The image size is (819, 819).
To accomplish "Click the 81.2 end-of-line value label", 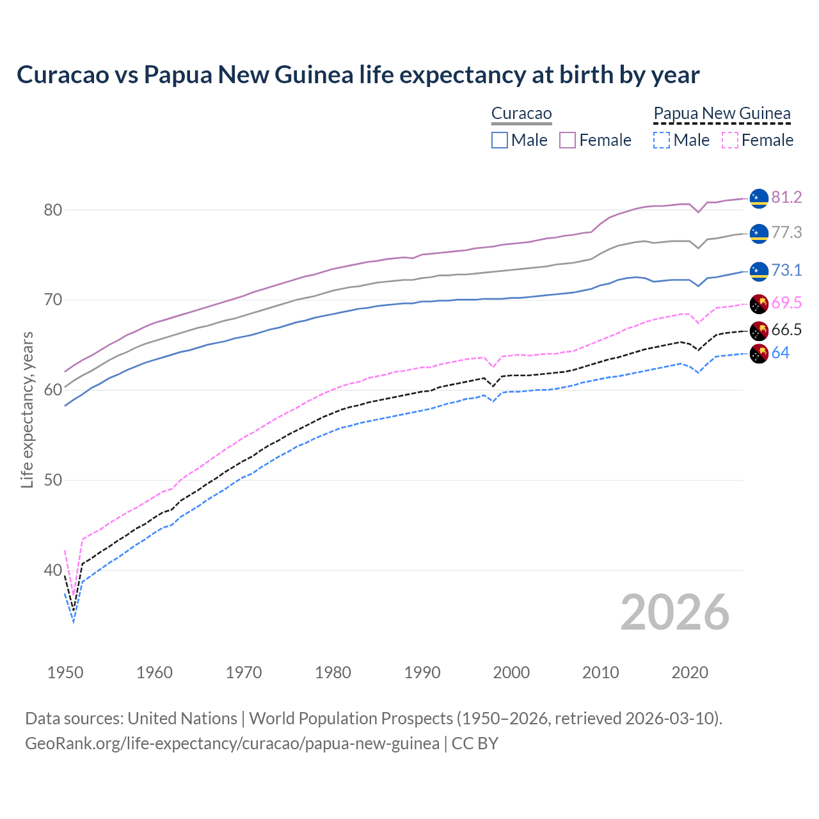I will click(x=786, y=198).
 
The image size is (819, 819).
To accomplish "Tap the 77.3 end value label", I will click(x=786, y=233).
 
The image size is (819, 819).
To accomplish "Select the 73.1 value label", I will click(x=786, y=271).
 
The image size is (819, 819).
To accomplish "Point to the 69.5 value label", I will click(x=786, y=303).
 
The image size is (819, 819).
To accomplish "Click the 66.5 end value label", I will click(x=786, y=330).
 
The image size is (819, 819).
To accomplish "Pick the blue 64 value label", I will click(x=780, y=353).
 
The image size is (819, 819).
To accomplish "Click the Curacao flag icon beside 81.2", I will click(x=758, y=198).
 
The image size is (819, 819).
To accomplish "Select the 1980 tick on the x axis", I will click(x=333, y=672).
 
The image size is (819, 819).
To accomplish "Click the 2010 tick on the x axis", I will click(x=600, y=672).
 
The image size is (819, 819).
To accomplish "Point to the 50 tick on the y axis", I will click(x=52, y=481).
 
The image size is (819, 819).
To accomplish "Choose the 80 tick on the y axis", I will click(x=52, y=211).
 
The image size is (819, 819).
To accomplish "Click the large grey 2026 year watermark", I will click(x=675, y=613).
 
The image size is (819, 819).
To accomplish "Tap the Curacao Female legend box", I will click(x=568, y=140).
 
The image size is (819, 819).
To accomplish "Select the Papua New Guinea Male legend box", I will click(x=662, y=140).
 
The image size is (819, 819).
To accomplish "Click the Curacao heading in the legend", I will click(x=521, y=114).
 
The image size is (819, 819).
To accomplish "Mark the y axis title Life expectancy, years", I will click(x=27, y=409).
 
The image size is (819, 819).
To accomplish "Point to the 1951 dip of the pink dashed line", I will click(x=74, y=594).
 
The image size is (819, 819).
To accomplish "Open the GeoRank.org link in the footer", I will click(x=232, y=743).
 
